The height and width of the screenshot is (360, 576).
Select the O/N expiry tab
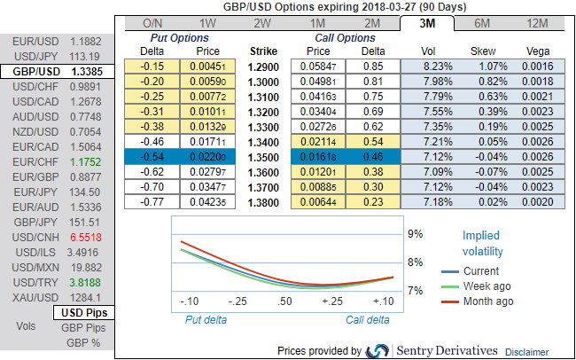[152, 23]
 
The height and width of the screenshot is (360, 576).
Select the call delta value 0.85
[373, 67]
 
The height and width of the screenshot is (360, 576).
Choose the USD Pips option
[85, 313]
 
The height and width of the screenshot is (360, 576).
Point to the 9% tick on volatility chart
[415, 234]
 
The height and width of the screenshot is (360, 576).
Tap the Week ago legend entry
[487, 286]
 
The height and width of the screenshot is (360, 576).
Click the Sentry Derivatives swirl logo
[378, 350]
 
